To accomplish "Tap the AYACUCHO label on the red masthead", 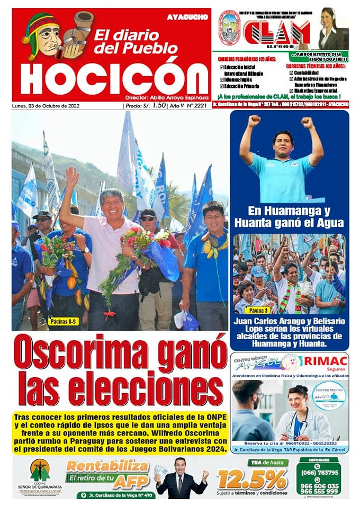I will [x=187, y=17].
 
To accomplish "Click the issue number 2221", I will [x=200, y=106].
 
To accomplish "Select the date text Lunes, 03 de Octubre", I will [x=50, y=106].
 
